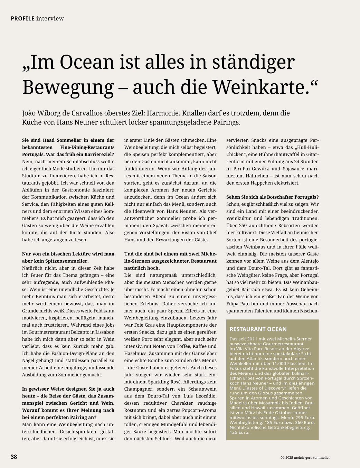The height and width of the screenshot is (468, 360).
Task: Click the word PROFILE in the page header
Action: pyautogui.click(x=22, y=18)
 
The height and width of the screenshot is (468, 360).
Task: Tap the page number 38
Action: pyautogui.click(x=14, y=457)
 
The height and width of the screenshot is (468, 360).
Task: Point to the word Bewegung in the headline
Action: pyautogui.click(x=68, y=87)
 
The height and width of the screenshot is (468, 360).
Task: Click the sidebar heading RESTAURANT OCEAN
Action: pyautogui.click(x=258, y=329)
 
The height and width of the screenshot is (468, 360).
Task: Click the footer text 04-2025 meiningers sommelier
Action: pyautogui.click(x=305, y=457)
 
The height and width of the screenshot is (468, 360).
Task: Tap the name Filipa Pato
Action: pyautogui.click(x=239, y=304)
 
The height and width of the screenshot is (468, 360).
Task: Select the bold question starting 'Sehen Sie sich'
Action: pyautogui.click(x=272, y=197)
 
